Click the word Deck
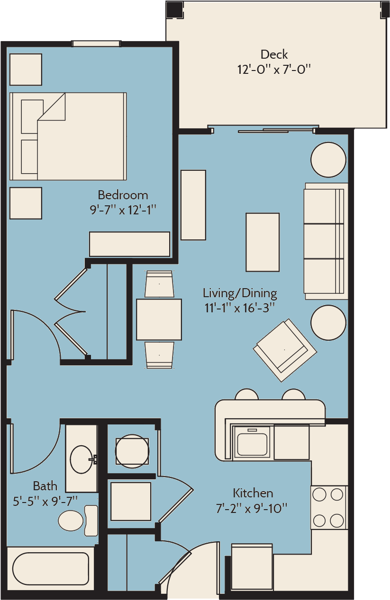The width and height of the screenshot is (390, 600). [274, 54]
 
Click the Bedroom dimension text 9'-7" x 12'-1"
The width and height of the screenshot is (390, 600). [123, 210]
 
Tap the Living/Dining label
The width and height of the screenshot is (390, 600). [240, 293]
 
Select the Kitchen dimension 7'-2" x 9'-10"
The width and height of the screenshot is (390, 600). [252, 508]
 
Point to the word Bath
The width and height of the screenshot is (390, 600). [45, 486]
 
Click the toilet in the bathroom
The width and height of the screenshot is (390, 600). [78, 521]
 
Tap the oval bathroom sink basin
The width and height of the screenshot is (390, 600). [81, 459]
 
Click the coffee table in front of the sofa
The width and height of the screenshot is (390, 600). [263, 242]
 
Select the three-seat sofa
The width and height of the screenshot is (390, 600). [326, 241]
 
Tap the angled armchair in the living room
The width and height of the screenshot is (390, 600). [285, 350]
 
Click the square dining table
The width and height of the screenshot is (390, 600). [159, 319]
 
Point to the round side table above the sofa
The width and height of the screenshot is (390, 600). [328, 159]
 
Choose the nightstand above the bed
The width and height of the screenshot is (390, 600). [26, 70]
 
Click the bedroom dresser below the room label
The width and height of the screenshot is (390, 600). [129, 244]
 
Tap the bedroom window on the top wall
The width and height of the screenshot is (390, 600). [96, 44]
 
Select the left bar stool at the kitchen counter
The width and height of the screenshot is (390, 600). [246, 394]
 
